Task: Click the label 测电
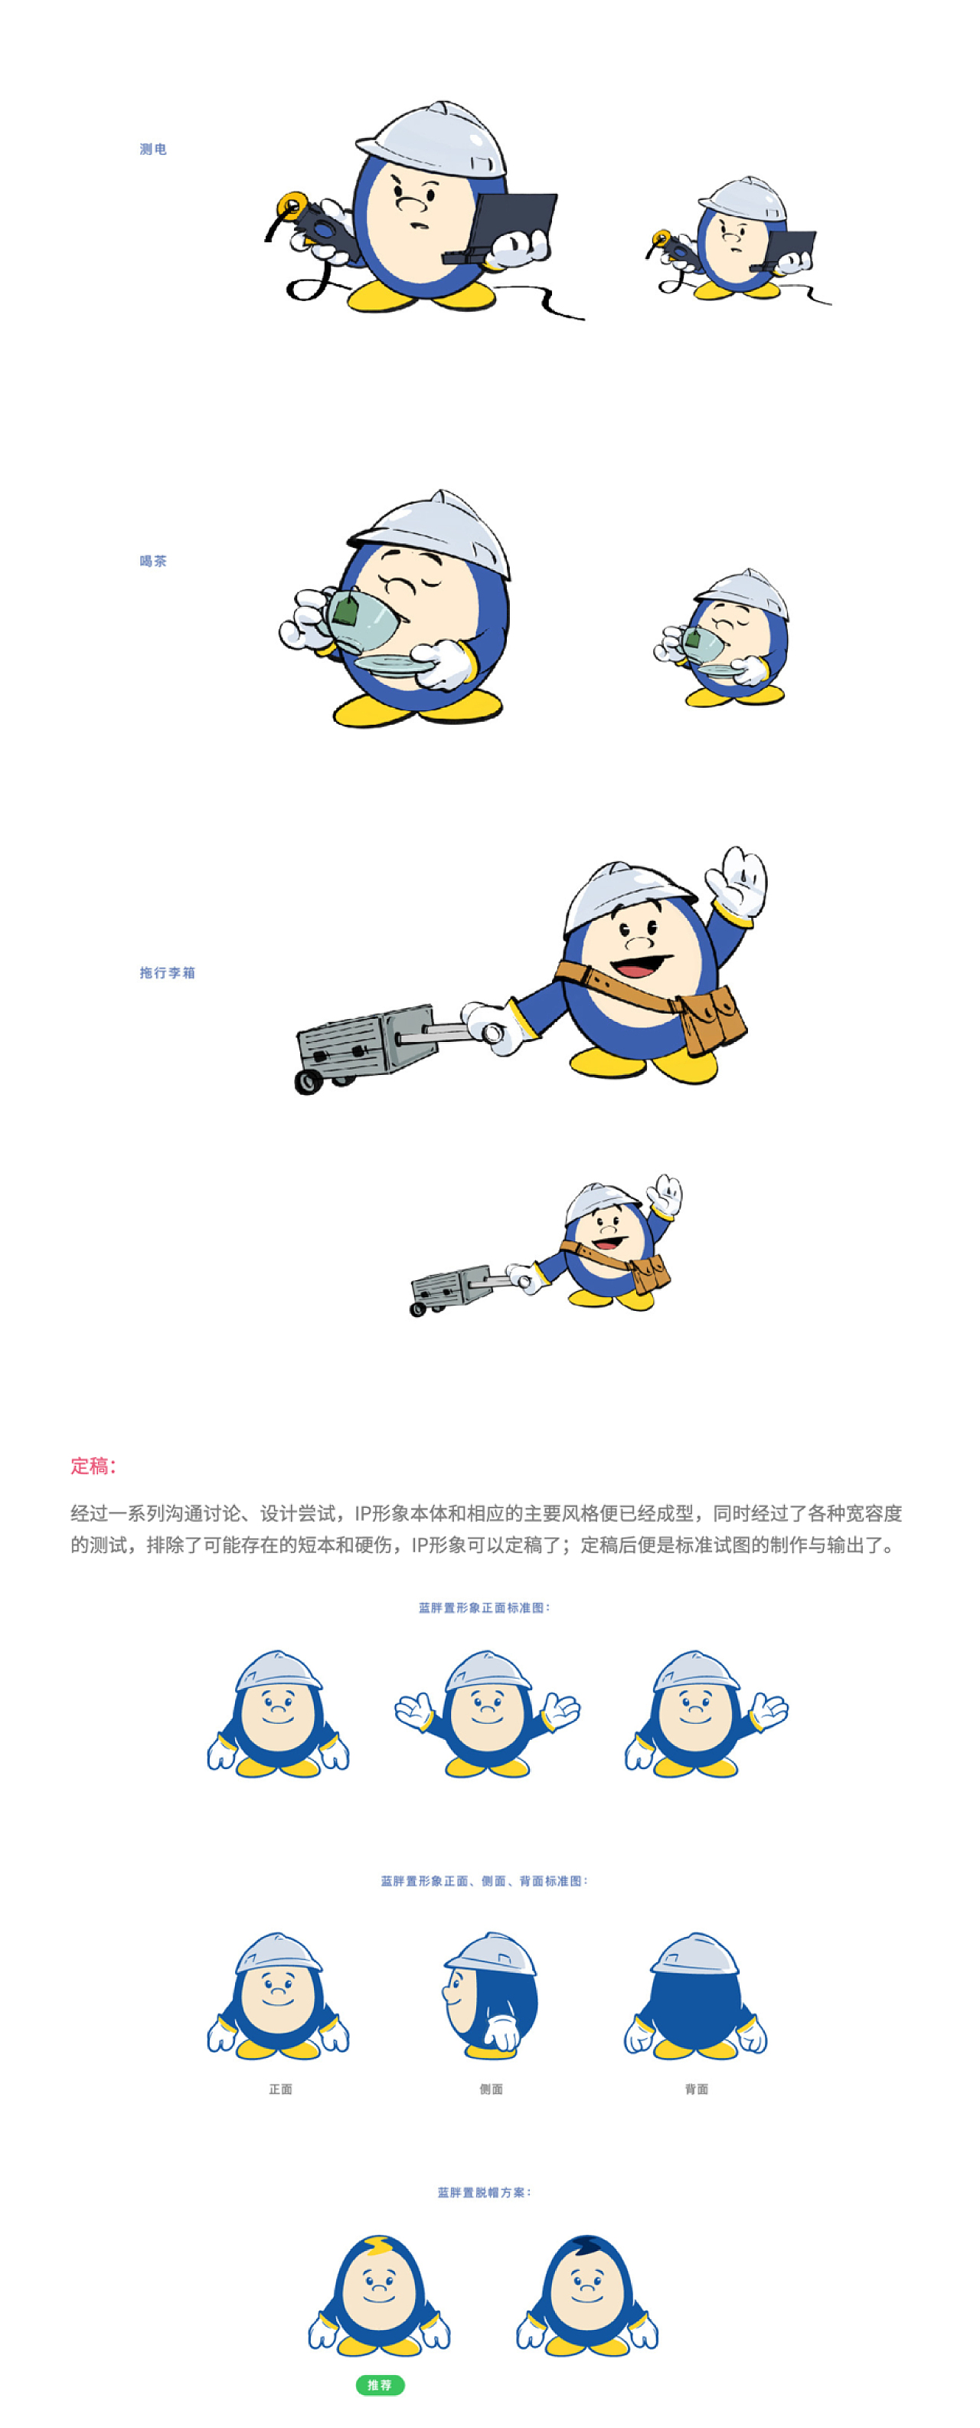(x=152, y=149)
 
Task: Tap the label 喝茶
(x=152, y=561)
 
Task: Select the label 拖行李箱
(x=167, y=973)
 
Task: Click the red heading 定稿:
(x=93, y=1466)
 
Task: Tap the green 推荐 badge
(x=380, y=2384)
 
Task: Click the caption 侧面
(x=491, y=2089)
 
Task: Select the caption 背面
(x=697, y=2089)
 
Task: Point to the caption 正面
(x=280, y=2089)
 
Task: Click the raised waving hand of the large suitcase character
(x=740, y=880)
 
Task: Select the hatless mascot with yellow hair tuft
(x=379, y=2296)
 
